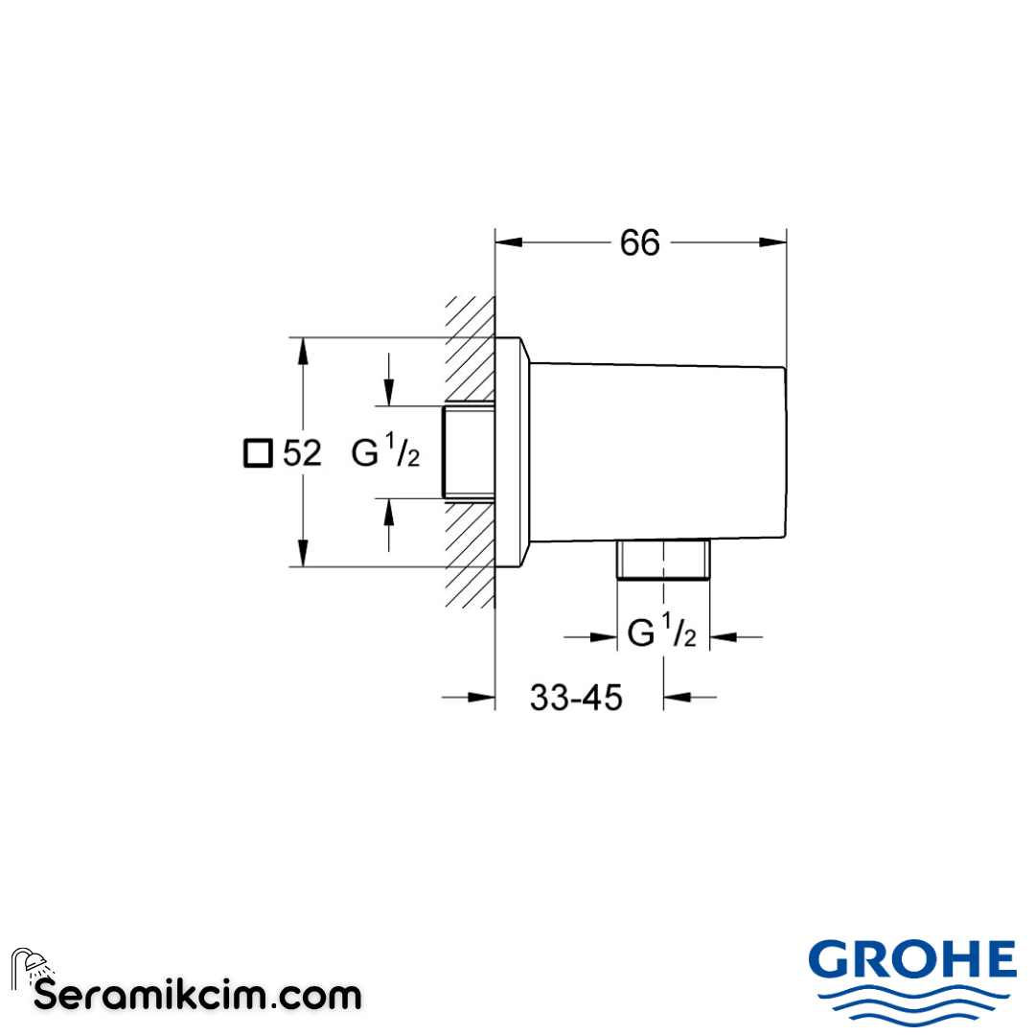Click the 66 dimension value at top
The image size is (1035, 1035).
coord(639,243)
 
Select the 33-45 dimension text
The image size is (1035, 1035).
coord(576,699)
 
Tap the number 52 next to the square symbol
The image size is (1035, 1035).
coord(303,452)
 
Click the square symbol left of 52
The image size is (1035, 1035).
coord(257,452)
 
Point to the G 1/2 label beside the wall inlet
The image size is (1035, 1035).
coord(385,452)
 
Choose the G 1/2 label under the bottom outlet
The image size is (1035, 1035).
coord(661,634)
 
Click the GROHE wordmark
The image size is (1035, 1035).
coord(911,960)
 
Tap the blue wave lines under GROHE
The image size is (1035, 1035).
coord(911,1003)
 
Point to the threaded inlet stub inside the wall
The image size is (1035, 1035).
coord(468,451)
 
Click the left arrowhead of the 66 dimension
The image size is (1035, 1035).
coord(508,243)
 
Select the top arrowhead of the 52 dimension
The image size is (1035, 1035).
coord(303,351)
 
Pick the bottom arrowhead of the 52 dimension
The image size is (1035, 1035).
coord(303,553)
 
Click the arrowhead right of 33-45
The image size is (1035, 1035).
coord(677,699)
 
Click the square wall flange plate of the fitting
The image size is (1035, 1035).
coord(512,451)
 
